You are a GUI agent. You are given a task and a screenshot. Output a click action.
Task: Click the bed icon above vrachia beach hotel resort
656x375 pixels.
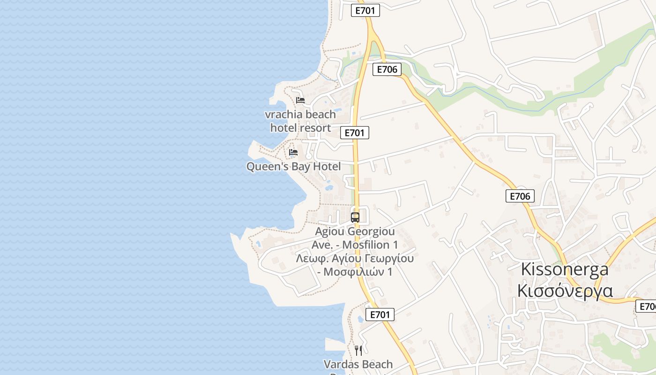pyautogui.click(x=300, y=100)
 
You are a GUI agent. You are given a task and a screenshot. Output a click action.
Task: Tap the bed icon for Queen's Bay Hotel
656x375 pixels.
pyautogui.click(x=293, y=152)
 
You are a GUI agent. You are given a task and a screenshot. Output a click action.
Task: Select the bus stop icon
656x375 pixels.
pyautogui.click(x=355, y=217)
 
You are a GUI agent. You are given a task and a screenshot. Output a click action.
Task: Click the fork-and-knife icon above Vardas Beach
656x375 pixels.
pyautogui.click(x=358, y=350)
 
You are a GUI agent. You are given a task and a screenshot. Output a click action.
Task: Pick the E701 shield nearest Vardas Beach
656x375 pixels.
pyautogui.click(x=380, y=315)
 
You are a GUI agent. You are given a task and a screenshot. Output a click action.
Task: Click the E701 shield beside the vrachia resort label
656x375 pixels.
pyautogui.click(x=355, y=133)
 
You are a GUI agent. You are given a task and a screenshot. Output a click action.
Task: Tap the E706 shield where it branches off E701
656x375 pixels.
pyautogui.click(x=387, y=70)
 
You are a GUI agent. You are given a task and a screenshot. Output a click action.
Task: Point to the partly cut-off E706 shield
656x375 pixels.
pyautogui.click(x=646, y=307)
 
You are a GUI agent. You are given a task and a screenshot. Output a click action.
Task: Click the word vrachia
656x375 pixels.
pyautogui.click(x=283, y=114)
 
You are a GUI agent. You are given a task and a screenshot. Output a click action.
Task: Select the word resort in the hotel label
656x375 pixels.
pyautogui.click(x=315, y=128)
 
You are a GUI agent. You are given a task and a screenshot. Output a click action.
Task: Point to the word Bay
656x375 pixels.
pyautogui.click(x=301, y=167)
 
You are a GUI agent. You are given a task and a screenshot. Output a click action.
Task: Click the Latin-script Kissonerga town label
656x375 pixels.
pyautogui.click(x=565, y=269)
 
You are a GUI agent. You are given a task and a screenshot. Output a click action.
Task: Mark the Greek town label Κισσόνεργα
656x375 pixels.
pyautogui.click(x=565, y=290)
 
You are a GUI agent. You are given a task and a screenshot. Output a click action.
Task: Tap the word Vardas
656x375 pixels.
pyautogui.click(x=341, y=364)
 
